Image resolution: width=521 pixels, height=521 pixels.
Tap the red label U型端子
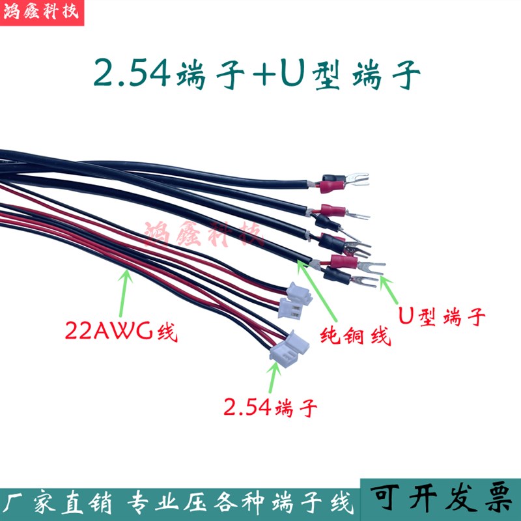[x=442, y=317]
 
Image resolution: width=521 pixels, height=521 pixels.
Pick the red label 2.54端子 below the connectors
[x=270, y=408]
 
